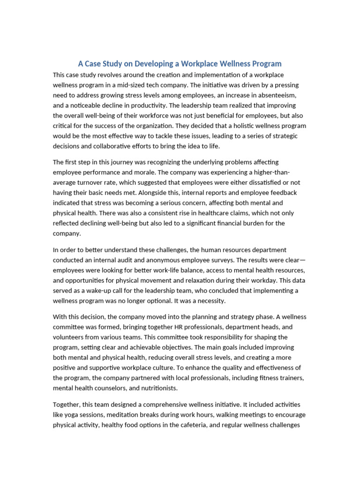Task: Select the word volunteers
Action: click(x=70, y=337)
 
